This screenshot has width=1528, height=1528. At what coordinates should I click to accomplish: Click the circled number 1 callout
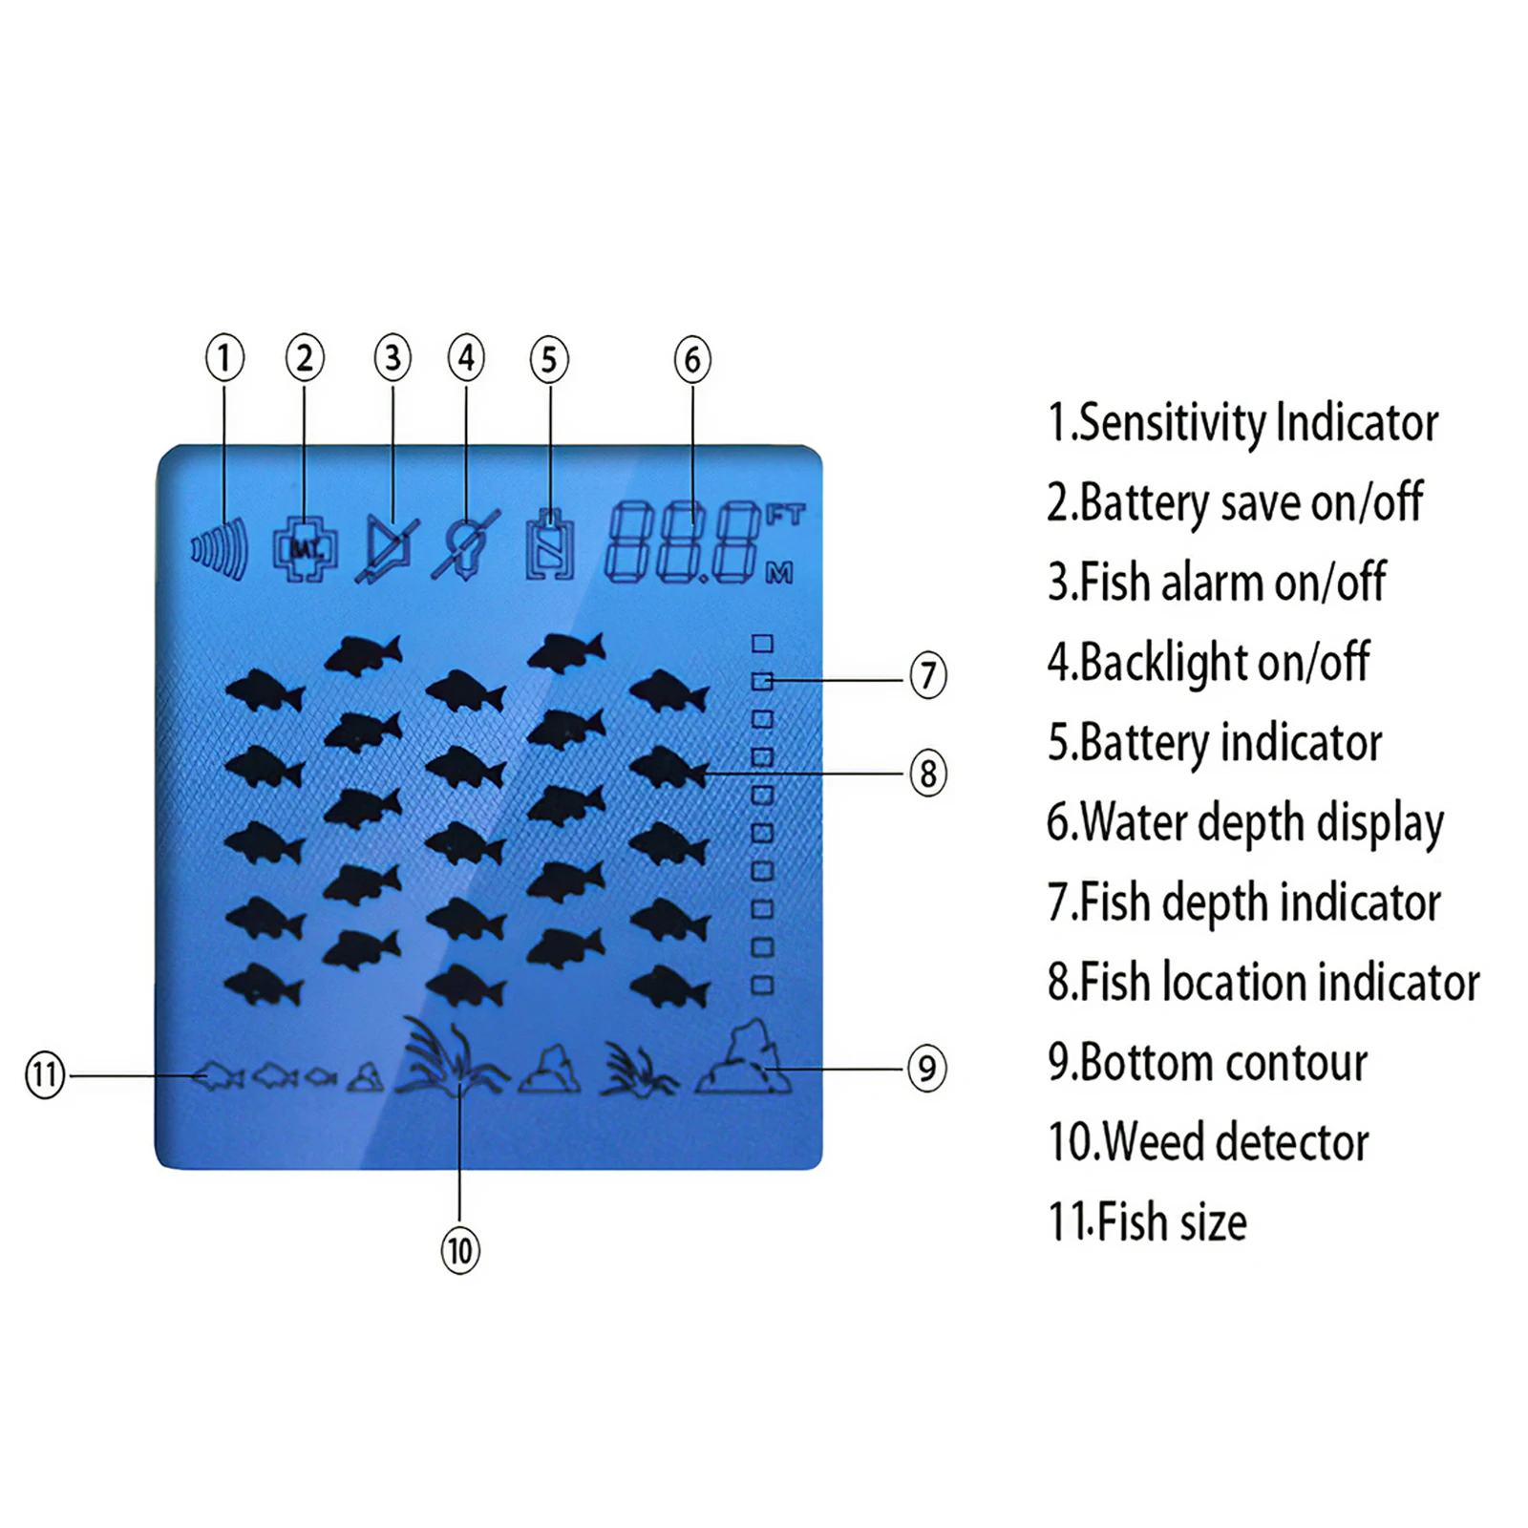(224, 358)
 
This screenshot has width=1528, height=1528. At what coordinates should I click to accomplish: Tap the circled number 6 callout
(692, 359)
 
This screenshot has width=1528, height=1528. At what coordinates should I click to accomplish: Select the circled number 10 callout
(459, 1250)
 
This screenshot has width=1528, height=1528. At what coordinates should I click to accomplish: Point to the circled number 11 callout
(45, 1074)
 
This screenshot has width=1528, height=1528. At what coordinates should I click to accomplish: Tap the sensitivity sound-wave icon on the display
(221, 549)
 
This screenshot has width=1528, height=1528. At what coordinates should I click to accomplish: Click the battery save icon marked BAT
(305, 549)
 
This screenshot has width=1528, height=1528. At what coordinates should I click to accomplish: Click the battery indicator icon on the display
(550, 545)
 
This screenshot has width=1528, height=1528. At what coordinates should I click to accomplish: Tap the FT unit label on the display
(785, 515)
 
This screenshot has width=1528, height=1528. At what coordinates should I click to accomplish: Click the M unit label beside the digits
(779, 573)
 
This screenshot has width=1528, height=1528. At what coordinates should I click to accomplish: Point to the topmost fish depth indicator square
(762, 644)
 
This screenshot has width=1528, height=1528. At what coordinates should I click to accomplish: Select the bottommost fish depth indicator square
(762, 985)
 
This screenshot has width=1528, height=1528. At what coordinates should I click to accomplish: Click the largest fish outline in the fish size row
(219, 1076)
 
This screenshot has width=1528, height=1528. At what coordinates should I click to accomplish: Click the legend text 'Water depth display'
(1245, 822)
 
